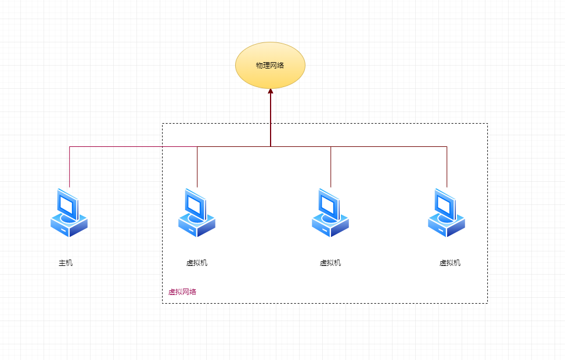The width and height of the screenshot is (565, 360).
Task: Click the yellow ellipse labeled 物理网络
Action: pyautogui.click(x=270, y=65)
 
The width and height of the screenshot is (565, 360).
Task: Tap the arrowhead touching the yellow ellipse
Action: pyautogui.click(x=271, y=91)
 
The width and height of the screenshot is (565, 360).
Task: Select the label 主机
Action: pyautogui.click(x=66, y=263)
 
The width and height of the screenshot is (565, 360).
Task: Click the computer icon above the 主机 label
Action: pyautogui.click(x=69, y=213)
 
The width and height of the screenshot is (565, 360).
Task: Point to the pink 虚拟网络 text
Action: pyautogui.click(x=182, y=292)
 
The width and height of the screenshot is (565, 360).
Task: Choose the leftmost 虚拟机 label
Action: pyautogui.click(x=197, y=263)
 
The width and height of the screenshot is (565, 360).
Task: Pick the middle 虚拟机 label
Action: pyautogui.click(x=330, y=263)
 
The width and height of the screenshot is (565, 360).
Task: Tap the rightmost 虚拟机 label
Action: pyautogui.click(x=450, y=263)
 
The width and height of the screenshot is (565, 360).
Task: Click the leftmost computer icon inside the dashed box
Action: pyautogui.click(x=196, y=213)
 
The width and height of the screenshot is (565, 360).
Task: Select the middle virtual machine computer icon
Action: pyautogui.click(x=330, y=213)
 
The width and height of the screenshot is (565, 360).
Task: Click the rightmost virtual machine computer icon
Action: pyautogui.click(x=446, y=213)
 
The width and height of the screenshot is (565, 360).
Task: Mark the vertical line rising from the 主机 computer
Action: pyautogui.click(x=70, y=167)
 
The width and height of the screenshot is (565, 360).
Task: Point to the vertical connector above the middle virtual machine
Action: pyautogui.click(x=331, y=167)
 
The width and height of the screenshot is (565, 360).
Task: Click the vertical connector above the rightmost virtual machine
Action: pyautogui.click(x=447, y=167)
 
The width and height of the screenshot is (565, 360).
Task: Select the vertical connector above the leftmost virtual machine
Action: pyautogui.click(x=197, y=167)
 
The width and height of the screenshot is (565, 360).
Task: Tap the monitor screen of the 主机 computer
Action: pyautogui.click(x=67, y=204)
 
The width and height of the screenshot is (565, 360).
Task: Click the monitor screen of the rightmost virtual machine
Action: pyautogui.click(x=445, y=204)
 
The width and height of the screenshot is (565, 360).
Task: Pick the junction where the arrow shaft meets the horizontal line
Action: pyautogui.click(x=271, y=146)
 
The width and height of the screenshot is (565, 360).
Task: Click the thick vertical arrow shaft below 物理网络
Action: pyautogui.click(x=271, y=119)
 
